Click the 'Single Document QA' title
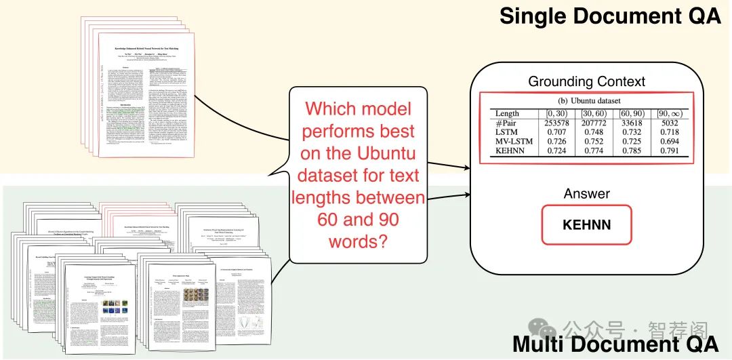(609, 16)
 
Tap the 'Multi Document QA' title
(615, 344)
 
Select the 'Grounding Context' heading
(587, 82)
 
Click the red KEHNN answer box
(587, 224)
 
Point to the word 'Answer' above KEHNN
(587, 194)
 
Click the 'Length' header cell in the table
(498, 113)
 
